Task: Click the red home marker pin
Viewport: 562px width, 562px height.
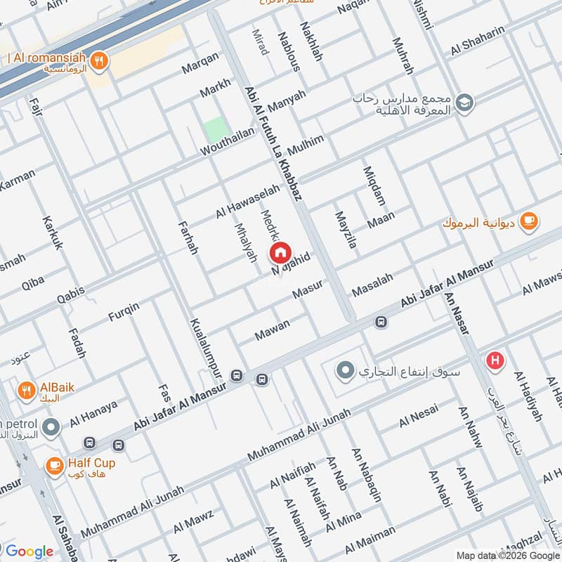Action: (280, 252)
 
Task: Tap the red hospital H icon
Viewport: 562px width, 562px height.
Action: (496, 361)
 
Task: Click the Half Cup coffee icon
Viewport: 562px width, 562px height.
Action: (53, 464)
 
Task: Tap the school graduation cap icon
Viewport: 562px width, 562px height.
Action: (464, 103)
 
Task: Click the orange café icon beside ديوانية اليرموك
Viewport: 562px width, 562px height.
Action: (529, 221)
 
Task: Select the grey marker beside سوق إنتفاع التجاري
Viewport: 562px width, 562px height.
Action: (344, 370)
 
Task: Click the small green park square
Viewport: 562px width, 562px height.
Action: (216, 131)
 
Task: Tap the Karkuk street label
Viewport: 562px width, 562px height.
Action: (52, 233)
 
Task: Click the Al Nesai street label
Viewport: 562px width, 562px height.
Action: (419, 416)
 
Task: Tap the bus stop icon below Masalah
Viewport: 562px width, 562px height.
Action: (381, 322)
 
